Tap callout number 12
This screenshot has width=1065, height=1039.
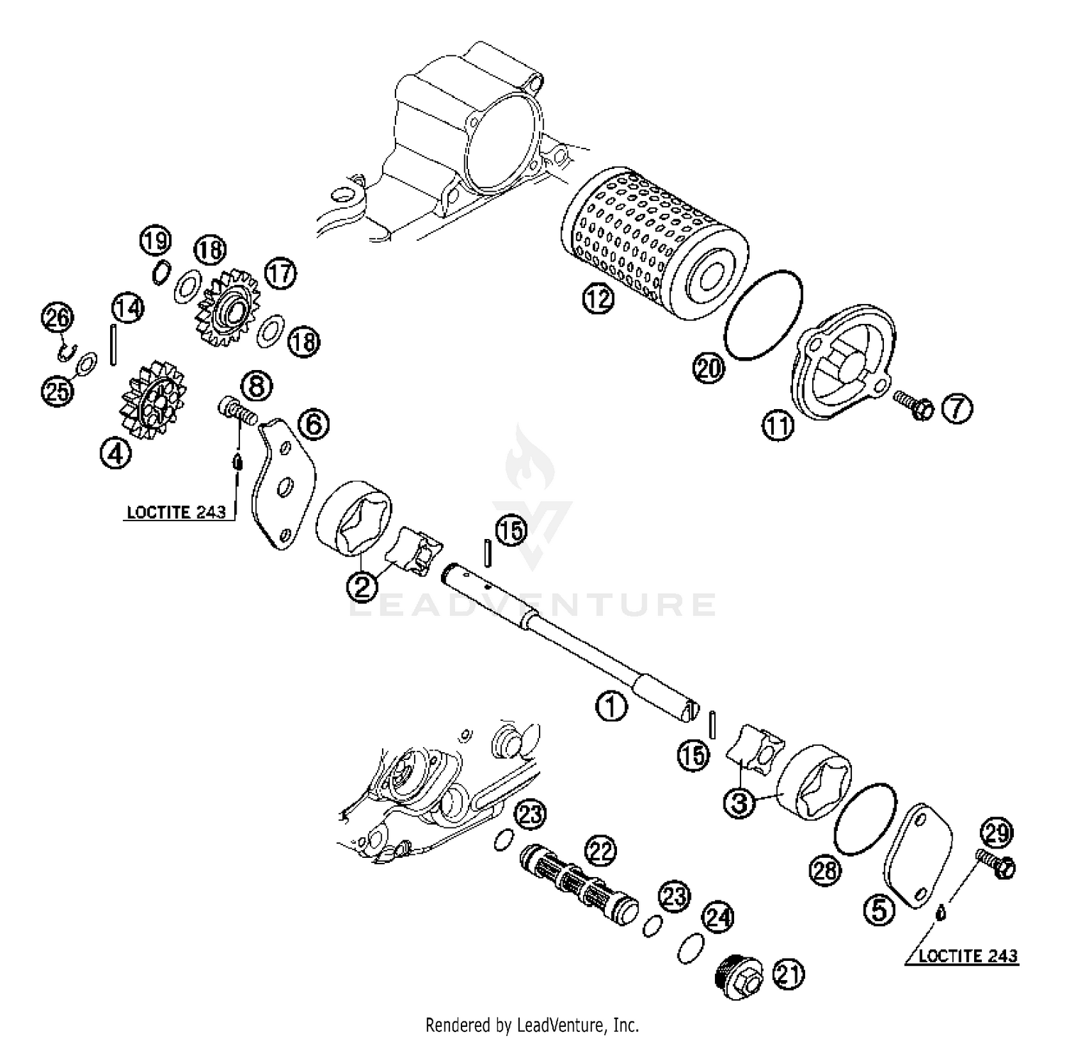pos(599,299)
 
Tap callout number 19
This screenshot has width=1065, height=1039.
pos(155,241)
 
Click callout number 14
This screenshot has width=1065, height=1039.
pos(128,308)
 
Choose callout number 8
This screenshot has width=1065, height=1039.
pos(256,386)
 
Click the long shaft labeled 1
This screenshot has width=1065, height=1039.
pos(568,639)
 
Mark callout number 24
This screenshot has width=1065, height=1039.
pos(718,918)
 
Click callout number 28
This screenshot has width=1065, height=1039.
pos(826,870)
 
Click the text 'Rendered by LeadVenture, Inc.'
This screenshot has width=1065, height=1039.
pos(532,1025)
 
